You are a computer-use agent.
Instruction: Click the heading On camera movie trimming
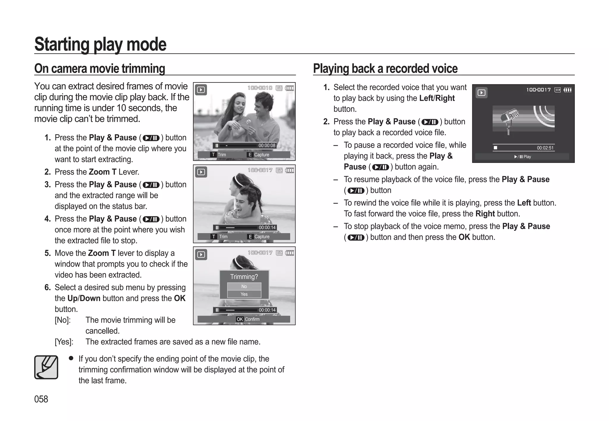click(100, 68)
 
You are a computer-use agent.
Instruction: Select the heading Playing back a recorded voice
click(385, 68)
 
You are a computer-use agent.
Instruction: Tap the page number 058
click(41, 399)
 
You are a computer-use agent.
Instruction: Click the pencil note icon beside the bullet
click(46, 367)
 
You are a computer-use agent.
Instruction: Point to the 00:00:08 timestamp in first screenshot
click(267, 145)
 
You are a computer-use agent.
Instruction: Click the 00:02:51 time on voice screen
click(545, 148)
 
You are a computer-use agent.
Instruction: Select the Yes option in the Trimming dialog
click(244, 294)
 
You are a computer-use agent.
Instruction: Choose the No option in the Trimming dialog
click(244, 286)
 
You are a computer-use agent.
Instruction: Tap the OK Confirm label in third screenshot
click(248, 319)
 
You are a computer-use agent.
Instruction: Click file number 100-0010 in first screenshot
click(260, 88)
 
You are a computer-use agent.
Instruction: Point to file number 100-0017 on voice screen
click(538, 90)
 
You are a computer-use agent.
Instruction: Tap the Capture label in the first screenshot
click(261, 155)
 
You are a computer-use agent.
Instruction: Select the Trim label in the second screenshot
click(223, 237)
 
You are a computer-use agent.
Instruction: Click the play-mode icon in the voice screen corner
click(481, 93)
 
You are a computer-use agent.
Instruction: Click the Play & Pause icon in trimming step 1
click(151, 138)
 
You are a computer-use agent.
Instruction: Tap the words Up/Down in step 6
click(84, 298)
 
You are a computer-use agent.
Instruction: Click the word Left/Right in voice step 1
click(437, 98)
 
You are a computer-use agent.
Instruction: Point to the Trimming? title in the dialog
click(244, 277)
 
